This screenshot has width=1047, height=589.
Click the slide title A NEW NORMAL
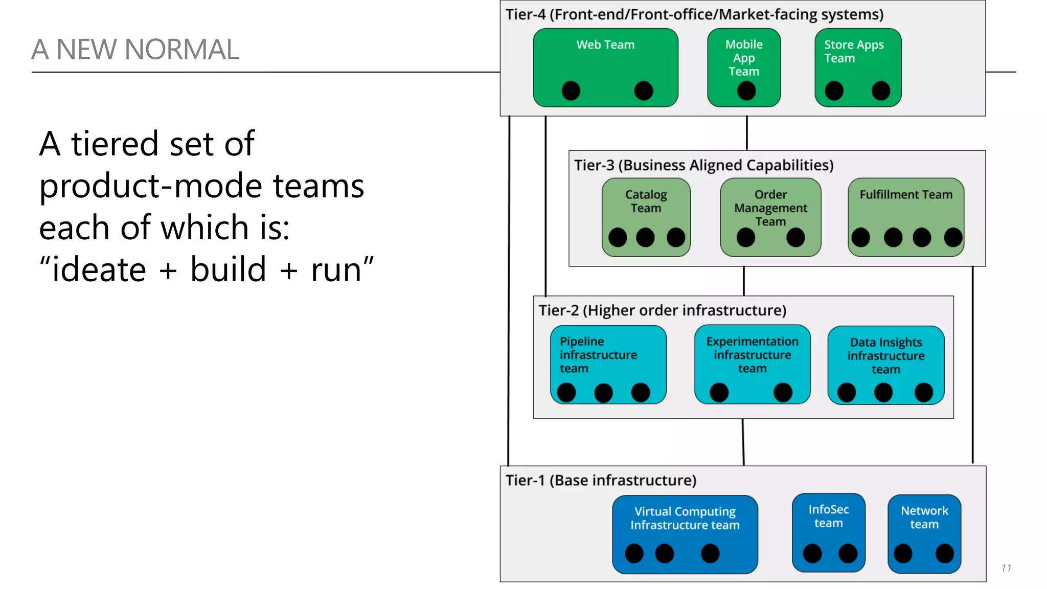135,50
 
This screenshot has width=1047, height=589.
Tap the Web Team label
605,45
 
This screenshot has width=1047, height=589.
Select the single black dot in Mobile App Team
746,91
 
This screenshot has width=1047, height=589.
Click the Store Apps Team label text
853,52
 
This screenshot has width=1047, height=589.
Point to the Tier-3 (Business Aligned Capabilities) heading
703,165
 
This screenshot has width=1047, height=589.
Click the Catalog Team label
646,201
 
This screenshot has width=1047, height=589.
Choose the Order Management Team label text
770,208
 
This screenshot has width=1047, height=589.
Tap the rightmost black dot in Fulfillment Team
953,237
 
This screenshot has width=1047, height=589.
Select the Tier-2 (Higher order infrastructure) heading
663,310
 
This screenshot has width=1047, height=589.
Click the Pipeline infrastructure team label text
598,355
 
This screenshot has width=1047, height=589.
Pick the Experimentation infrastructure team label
752,355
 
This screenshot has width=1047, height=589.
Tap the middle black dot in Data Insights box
883,393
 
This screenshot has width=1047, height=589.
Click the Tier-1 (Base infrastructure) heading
601,481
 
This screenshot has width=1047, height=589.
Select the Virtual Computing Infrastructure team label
685,518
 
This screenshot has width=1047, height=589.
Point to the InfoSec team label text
828,516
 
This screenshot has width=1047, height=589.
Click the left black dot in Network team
903,553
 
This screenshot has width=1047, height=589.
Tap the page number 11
1006,568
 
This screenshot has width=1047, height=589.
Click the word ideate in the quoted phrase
99,269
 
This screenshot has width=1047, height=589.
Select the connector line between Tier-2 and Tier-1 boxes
743,442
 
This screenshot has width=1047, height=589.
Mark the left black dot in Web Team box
571,91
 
